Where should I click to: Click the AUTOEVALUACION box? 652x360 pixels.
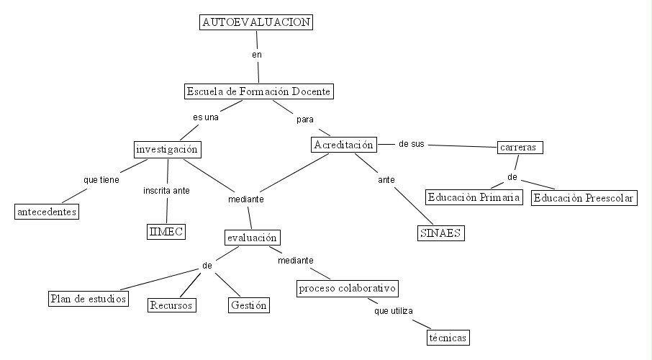pyautogui.click(x=257, y=22)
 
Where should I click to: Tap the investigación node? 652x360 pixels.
pyautogui.click(x=167, y=149)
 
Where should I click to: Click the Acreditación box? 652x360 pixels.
pyautogui.click(x=344, y=145)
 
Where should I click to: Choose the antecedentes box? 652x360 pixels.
pyautogui.click(x=47, y=212)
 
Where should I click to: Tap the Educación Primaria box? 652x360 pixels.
pyautogui.click(x=473, y=197)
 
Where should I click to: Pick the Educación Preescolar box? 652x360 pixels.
pyautogui.click(x=584, y=197)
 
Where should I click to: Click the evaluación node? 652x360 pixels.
pyautogui.click(x=251, y=237)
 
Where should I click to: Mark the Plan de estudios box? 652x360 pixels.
pyautogui.click(x=89, y=298)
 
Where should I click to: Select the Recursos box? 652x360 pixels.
pyautogui.click(x=172, y=305)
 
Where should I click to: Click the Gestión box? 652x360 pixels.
pyautogui.click(x=248, y=305)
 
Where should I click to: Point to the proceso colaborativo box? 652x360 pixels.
pyautogui.click(x=348, y=289)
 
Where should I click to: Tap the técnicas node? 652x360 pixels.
pyautogui.click(x=448, y=337)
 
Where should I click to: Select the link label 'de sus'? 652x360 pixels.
pyautogui.click(x=411, y=144)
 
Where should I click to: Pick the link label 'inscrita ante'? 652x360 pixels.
pyautogui.click(x=166, y=191)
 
